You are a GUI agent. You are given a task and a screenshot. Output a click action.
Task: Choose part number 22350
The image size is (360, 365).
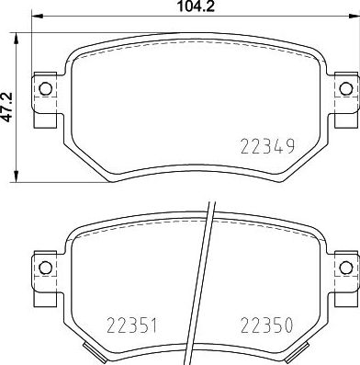pos(266,324)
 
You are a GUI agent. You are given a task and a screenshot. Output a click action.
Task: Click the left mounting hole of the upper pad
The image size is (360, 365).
pos(43,89)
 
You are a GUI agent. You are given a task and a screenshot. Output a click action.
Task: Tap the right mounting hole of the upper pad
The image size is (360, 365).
pos(345,89)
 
